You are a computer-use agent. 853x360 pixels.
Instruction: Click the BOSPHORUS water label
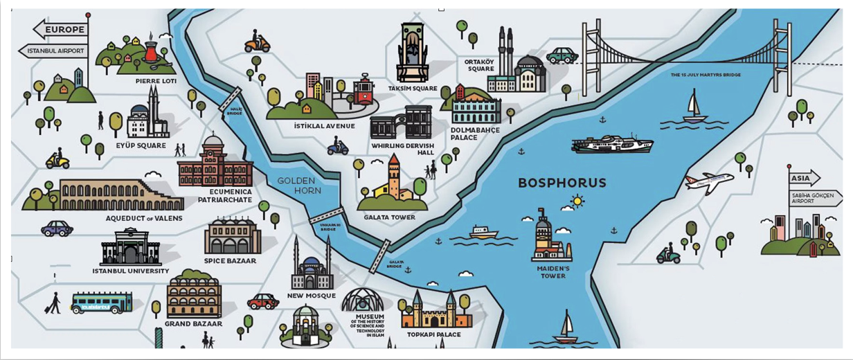point(562,183)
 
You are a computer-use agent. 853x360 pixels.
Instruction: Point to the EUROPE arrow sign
point(61,30)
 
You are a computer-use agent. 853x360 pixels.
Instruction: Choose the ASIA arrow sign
point(802,179)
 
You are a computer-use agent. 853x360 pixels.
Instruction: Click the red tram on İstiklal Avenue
point(363,90)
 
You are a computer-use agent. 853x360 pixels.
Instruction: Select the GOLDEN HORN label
point(296,186)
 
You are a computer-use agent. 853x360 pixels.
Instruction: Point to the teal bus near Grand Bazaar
point(101,303)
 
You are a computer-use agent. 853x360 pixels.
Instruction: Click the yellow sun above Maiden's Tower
point(576,201)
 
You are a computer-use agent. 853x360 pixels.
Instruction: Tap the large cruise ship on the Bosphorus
point(612,143)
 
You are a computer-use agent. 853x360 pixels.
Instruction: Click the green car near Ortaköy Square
point(562,55)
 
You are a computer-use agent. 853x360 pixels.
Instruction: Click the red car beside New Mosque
point(263,301)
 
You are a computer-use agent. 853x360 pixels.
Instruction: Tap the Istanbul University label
point(130,271)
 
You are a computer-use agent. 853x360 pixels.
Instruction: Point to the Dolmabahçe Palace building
point(476,109)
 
